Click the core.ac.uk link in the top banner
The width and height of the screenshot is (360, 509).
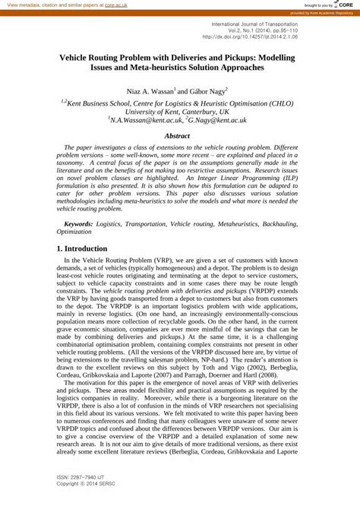click(x=115, y=5)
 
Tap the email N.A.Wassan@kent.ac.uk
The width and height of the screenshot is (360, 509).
click(x=146, y=120)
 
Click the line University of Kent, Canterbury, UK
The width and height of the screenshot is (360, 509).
click(x=177, y=111)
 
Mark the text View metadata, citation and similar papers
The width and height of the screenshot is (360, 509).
click(x=54, y=5)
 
